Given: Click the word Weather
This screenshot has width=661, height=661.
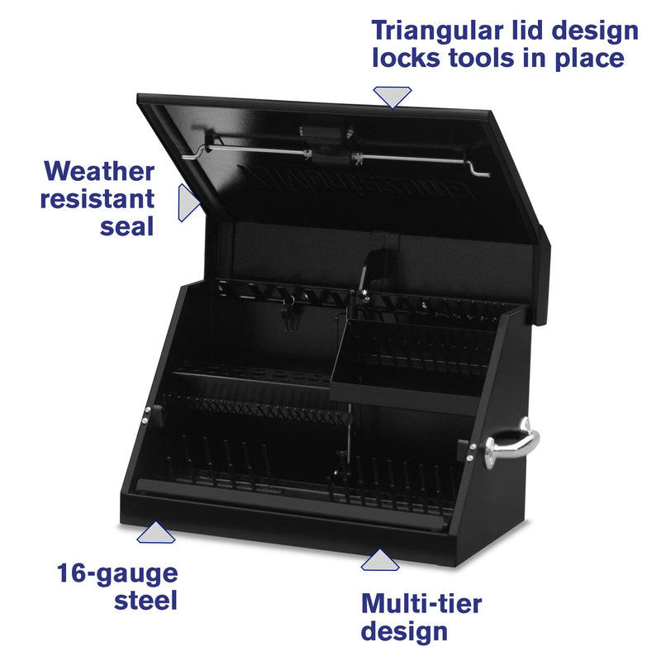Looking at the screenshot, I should (x=99, y=171).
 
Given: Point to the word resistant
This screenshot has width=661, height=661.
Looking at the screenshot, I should (x=99, y=198).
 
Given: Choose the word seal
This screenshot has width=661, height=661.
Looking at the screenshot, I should (x=127, y=226).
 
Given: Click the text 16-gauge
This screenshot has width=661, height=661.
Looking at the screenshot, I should (x=117, y=573).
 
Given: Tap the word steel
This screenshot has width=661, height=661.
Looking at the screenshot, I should (x=145, y=601).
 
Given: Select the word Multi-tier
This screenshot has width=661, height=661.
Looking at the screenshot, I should (x=421, y=603).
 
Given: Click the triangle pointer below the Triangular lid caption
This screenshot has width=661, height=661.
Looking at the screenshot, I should (x=392, y=97).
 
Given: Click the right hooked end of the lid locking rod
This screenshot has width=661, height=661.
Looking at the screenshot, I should (x=478, y=169).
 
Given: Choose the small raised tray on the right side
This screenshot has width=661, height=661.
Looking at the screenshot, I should (x=405, y=355).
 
